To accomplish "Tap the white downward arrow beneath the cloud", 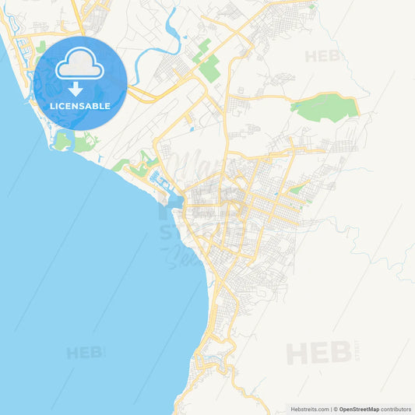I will click(x=76, y=88).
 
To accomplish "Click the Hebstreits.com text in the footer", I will click(x=309, y=409).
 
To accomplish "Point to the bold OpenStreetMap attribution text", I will click(x=359, y=409).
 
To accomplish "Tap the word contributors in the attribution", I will click(x=396, y=409).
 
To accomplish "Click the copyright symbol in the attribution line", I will click(x=336, y=409).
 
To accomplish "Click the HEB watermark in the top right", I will click(x=322, y=56).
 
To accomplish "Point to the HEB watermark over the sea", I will click(x=84, y=352).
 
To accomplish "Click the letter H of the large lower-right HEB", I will click(x=297, y=353).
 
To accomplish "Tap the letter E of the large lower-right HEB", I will click(x=318, y=353).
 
